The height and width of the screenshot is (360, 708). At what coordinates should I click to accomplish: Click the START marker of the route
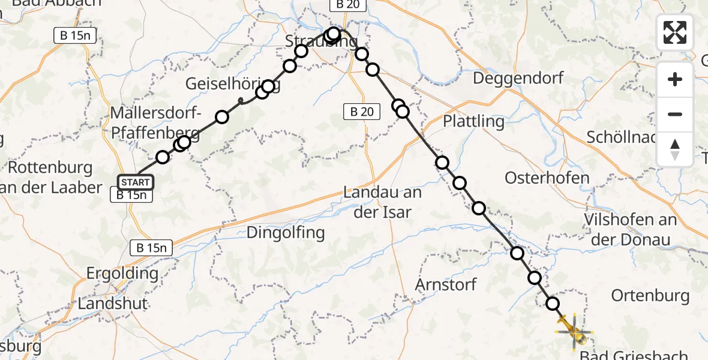(136, 182)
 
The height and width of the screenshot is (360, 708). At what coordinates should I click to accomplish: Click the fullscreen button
(675, 32)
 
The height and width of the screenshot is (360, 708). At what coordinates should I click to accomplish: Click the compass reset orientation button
(675, 149)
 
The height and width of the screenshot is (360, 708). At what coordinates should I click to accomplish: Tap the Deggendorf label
(518, 79)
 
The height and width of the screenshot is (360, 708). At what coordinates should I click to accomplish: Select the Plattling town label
(473, 121)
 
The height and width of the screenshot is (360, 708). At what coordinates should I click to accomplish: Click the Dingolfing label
(286, 232)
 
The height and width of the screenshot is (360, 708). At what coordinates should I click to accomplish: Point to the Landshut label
(113, 304)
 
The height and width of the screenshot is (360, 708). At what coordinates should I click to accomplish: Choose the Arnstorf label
(446, 284)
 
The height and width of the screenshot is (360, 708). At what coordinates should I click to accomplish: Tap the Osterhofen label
(547, 178)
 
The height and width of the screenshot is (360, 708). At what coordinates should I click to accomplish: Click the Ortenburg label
(650, 295)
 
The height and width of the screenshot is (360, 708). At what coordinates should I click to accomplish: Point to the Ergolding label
(122, 274)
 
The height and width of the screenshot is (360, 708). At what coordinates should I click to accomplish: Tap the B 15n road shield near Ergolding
(152, 247)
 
